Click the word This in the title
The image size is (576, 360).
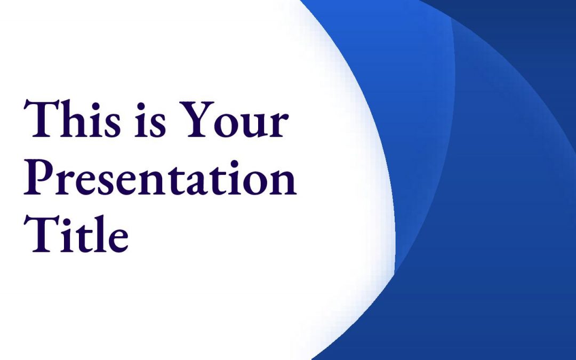pyautogui.click(x=73, y=118)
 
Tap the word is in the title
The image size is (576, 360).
pyautogui.click(x=150, y=120)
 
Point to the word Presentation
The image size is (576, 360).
pyautogui.click(x=160, y=177)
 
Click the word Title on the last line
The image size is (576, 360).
pyautogui.click(x=76, y=234)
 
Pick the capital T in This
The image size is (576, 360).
pyautogui.click(x=41, y=119)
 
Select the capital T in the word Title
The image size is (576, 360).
pyautogui.click(x=41, y=234)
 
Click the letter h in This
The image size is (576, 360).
pyautogui.click(x=74, y=118)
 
